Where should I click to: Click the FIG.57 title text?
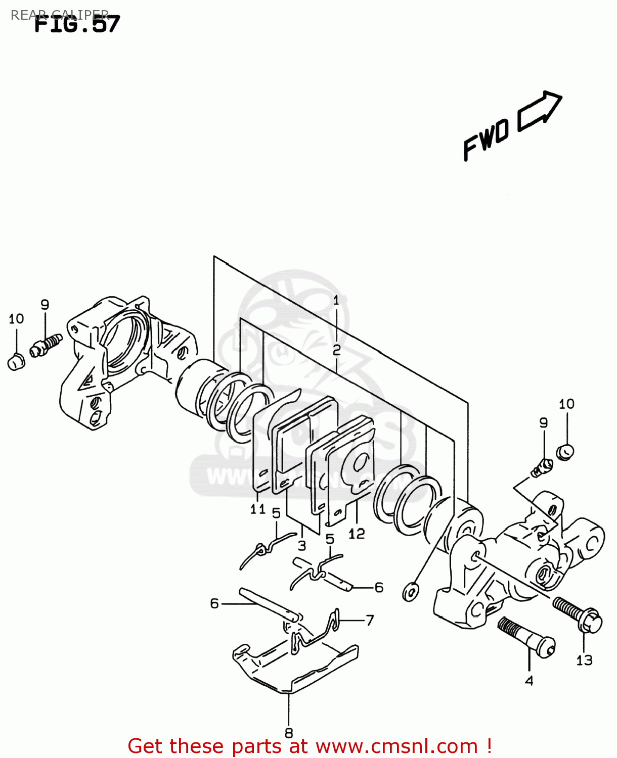77,24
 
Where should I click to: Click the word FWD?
486,140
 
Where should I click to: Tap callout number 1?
336,301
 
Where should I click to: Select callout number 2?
336,350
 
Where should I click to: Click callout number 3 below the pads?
302,546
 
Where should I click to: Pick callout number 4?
529,681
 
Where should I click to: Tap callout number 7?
370,620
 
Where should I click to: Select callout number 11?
258,509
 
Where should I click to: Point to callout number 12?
356,534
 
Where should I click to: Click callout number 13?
584,660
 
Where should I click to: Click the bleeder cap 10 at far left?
16,362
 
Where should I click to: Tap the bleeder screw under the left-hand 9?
46,346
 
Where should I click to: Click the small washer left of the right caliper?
410,591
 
